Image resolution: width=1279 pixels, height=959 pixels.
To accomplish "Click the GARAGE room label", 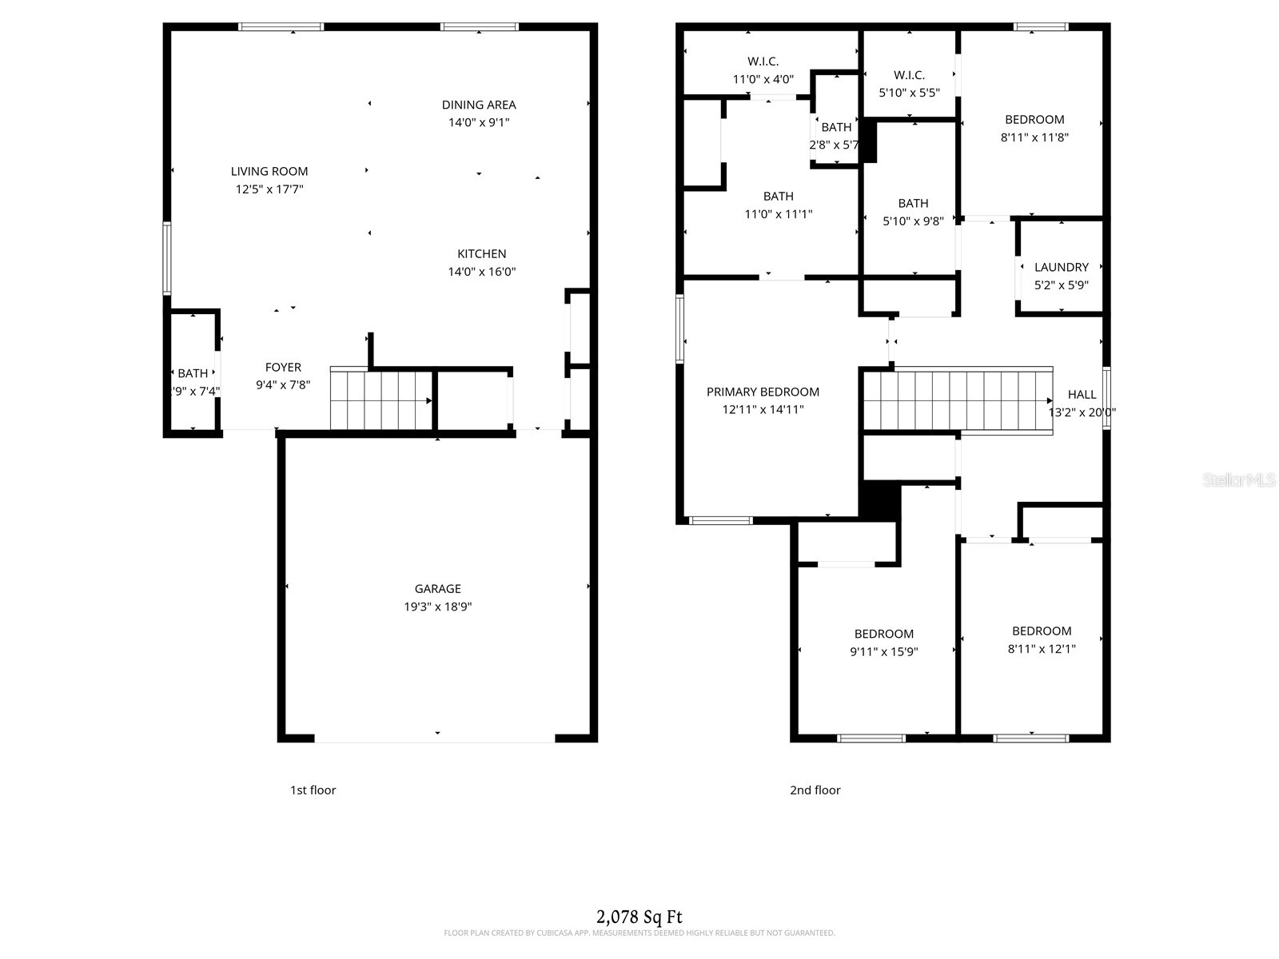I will (x=437, y=589).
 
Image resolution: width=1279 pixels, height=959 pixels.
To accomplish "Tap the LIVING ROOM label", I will (x=269, y=171).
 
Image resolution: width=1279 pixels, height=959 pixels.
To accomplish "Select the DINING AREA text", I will (x=479, y=105).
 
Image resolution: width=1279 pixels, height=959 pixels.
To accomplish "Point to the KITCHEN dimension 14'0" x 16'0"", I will (x=481, y=272).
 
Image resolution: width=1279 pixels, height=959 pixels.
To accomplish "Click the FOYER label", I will (x=283, y=368).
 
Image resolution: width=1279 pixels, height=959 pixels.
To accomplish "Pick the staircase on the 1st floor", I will (x=381, y=400).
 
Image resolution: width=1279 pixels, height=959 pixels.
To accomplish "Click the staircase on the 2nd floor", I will (x=956, y=400).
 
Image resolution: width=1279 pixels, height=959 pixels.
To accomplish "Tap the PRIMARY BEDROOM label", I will (x=763, y=392).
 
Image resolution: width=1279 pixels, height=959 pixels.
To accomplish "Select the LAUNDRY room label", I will (x=1061, y=267).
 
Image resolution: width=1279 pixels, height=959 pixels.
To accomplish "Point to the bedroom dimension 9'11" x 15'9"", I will (x=883, y=651).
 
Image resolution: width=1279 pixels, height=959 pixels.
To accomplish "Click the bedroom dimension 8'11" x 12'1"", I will (x=1041, y=649).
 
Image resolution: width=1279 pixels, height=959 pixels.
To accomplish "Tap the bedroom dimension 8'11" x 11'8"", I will (x=1034, y=137).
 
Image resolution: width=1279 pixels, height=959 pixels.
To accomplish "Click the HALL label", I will (x=1082, y=394).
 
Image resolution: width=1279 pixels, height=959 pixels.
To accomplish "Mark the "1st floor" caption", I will (x=313, y=790).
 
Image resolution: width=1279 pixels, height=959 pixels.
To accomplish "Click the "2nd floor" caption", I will (x=815, y=790).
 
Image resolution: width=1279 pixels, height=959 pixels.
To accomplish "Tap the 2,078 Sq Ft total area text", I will (x=639, y=917).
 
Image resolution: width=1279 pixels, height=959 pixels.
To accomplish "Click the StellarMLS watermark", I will (x=1238, y=479).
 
